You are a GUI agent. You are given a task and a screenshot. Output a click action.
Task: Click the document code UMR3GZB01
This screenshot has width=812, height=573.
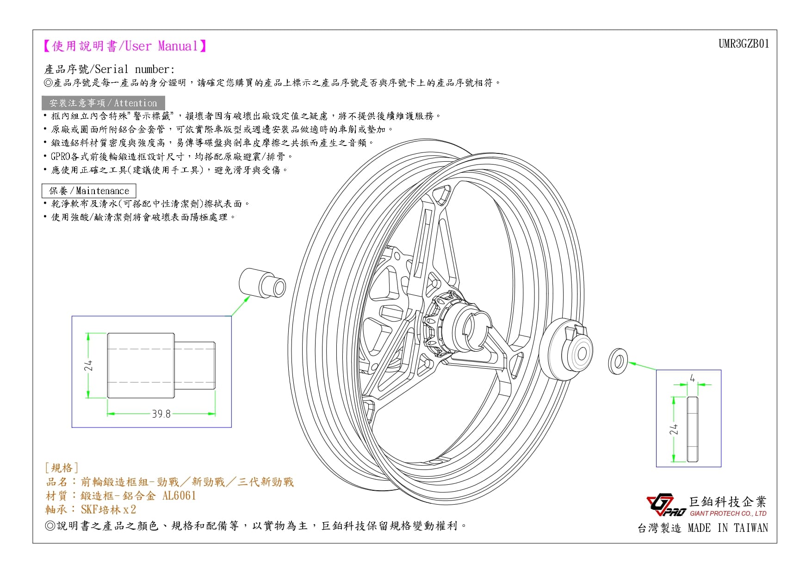pos(744,44)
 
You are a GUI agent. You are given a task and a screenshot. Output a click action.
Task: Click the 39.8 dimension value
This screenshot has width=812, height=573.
pos(161,414)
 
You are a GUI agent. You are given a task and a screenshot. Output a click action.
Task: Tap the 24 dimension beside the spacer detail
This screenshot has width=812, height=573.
pos(89,365)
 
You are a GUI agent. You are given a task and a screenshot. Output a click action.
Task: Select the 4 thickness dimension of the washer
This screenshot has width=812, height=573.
pos(692,378)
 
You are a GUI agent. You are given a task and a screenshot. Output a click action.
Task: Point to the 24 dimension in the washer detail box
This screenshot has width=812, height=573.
pos(674,429)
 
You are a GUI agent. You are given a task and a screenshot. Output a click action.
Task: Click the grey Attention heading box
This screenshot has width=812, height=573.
pos(103,103)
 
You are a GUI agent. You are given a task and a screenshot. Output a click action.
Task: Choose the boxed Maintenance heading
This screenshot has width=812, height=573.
pos(89,191)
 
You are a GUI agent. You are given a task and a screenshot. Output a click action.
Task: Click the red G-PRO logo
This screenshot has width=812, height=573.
pos(665,505)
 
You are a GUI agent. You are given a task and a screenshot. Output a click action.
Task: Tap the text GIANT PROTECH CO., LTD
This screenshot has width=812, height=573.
pos(728,513)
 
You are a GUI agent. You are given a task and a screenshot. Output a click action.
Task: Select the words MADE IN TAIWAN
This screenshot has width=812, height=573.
pos(728,528)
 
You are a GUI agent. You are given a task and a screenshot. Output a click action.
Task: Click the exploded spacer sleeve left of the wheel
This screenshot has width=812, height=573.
pos(262,283)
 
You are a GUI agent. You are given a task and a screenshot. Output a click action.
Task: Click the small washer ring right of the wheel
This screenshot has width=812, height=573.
pos(618,361)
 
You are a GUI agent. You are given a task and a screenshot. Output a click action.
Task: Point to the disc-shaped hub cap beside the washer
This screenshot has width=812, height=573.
pos(566,348)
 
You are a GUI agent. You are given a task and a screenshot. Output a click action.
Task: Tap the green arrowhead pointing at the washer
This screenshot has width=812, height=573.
pos(632,364)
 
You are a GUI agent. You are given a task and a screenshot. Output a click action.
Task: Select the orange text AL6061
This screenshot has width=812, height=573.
pos(179,496)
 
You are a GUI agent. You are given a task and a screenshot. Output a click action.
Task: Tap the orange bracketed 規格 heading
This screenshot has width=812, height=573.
pos(62,468)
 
